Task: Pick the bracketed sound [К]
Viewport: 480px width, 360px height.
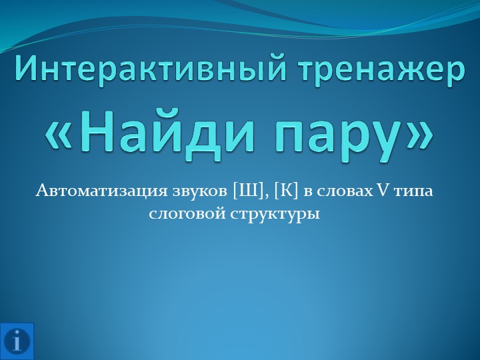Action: (x=285, y=192)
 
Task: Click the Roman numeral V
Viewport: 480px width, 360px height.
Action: (x=384, y=192)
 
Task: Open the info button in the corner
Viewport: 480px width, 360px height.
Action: (x=17, y=341)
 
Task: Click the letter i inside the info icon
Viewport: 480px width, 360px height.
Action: (x=17, y=341)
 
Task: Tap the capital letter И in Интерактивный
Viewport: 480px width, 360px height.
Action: (x=28, y=71)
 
